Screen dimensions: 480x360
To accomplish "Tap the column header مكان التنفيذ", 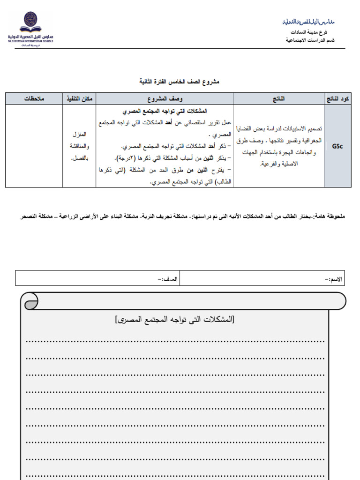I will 79,98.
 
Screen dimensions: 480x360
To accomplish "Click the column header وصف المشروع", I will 165,98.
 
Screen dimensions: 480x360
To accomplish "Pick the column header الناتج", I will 278,98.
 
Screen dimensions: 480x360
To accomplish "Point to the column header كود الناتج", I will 337,98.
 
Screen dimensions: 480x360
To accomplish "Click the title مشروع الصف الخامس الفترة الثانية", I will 180,82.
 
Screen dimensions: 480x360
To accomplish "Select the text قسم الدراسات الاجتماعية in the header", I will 310,40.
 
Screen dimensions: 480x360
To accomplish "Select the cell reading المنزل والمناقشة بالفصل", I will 79,146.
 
